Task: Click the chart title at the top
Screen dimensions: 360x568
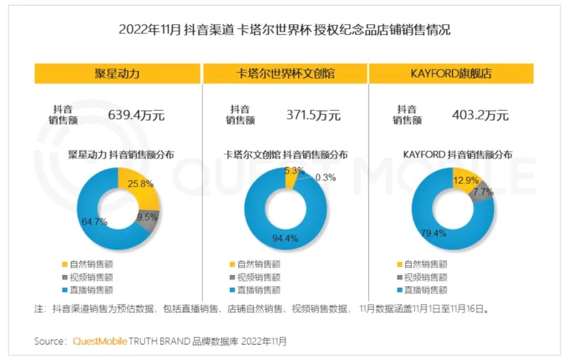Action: tap(285, 29)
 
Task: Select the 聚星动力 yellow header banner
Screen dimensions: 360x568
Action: tap(117, 73)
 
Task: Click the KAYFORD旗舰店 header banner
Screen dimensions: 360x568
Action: tap(451, 73)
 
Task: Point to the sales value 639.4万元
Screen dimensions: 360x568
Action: tap(136, 115)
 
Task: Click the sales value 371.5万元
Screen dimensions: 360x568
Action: tap(313, 115)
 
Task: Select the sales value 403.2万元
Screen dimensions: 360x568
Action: tap(480, 115)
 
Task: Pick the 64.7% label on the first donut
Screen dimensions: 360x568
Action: tap(95, 222)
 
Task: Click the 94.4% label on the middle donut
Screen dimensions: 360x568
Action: tap(285, 239)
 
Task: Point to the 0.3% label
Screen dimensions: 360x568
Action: tap(326, 178)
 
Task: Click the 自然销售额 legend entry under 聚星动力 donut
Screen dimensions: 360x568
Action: tap(88, 264)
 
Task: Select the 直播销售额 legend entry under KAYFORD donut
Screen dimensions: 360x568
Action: tap(422, 290)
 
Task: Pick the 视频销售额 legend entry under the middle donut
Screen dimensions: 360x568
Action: tap(255, 277)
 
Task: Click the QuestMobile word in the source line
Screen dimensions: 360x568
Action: tap(99, 341)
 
